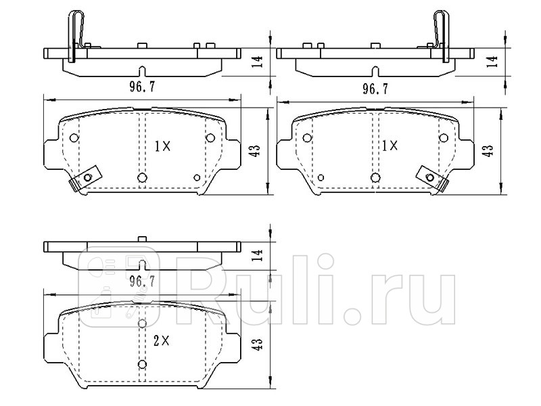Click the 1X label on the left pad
pyautogui.click(x=162, y=147)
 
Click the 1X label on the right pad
pyautogui.click(x=390, y=145)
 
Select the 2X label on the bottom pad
pyautogui.click(x=161, y=341)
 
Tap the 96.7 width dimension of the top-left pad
pyautogui.click(x=142, y=87)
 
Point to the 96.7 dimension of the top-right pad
pyautogui.click(x=375, y=89)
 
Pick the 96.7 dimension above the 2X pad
pyautogui.click(x=142, y=281)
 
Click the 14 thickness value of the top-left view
pyautogui.click(x=258, y=62)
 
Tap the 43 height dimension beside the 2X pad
pyautogui.click(x=258, y=344)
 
